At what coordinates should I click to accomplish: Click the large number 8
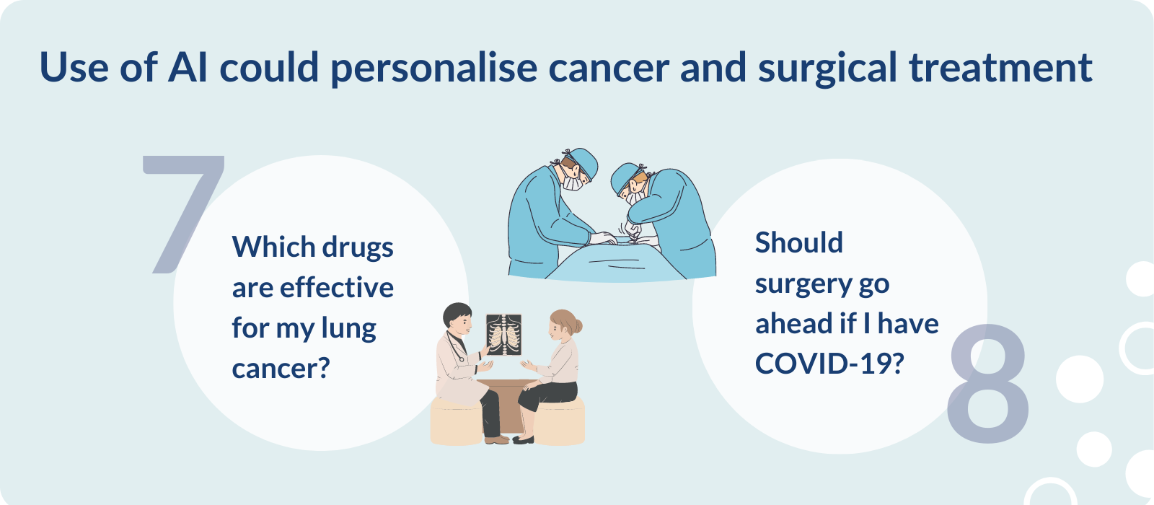coord(988,384)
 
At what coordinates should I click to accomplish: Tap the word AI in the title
coord(188,68)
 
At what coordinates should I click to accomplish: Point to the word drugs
coord(358,248)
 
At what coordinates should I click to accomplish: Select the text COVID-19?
coord(829,364)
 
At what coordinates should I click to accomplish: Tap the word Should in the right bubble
coord(799,242)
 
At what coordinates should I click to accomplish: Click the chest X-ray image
coord(503,335)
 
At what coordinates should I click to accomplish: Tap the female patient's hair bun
coord(578,326)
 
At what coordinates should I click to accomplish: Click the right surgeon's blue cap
coord(624,177)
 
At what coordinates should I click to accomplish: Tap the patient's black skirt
coord(547,394)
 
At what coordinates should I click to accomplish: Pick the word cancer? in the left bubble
coord(281,369)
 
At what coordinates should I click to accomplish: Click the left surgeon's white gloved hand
coord(603,238)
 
